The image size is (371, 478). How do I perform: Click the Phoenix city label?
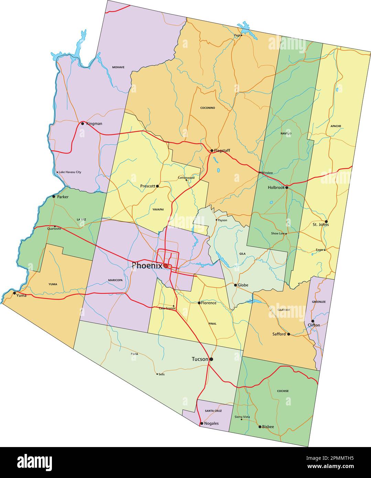[x=147, y=265]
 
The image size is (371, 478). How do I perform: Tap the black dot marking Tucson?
[x=211, y=359]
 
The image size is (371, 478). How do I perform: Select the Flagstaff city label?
[x=222, y=151]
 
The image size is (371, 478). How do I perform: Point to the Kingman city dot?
[x=83, y=123]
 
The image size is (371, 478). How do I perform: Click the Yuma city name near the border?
[x=21, y=295]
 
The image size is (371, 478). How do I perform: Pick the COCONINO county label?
[x=208, y=108]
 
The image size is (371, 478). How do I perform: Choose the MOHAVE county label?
[x=118, y=67]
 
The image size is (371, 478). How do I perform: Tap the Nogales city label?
[x=211, y=423]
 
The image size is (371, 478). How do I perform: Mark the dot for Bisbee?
[x=260, y=427]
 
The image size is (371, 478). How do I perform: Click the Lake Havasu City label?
[x=70, y=172]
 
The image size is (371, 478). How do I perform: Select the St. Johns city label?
[x=320, y=225]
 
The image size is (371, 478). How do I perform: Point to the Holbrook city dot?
[x=287, y=188]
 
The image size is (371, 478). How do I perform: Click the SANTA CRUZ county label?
[x=213, y=411]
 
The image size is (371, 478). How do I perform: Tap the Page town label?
[x=237, y=35]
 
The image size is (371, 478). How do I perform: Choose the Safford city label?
[x=279, y=334]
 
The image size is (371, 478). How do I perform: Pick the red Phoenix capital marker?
[x=166, y=266]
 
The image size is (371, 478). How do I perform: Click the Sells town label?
[x=162, y=374]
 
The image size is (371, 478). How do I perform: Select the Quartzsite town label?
[x=54, y=228]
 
